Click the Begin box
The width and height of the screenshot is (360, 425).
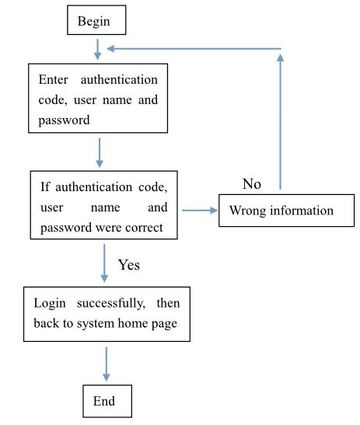[x=96, y=21]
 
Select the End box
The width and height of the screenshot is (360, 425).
[x=107, y=401]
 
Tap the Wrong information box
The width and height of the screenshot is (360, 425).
[x=281, y=211]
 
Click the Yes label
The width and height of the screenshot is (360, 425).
[x=129, y=265]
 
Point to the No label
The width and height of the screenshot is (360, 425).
[x=252, y=184]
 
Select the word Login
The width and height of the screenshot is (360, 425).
[x=51, y=301]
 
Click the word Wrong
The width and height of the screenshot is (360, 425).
[x=246, y=211]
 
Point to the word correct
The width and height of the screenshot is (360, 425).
[x=149, y=228]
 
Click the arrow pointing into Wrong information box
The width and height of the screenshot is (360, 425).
[x=200, y=210]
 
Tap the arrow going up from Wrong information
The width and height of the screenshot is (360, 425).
[x=280, y=124]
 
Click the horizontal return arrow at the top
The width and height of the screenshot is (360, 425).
[x=194, y=49]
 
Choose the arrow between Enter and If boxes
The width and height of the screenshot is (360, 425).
[x=100, y=152]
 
